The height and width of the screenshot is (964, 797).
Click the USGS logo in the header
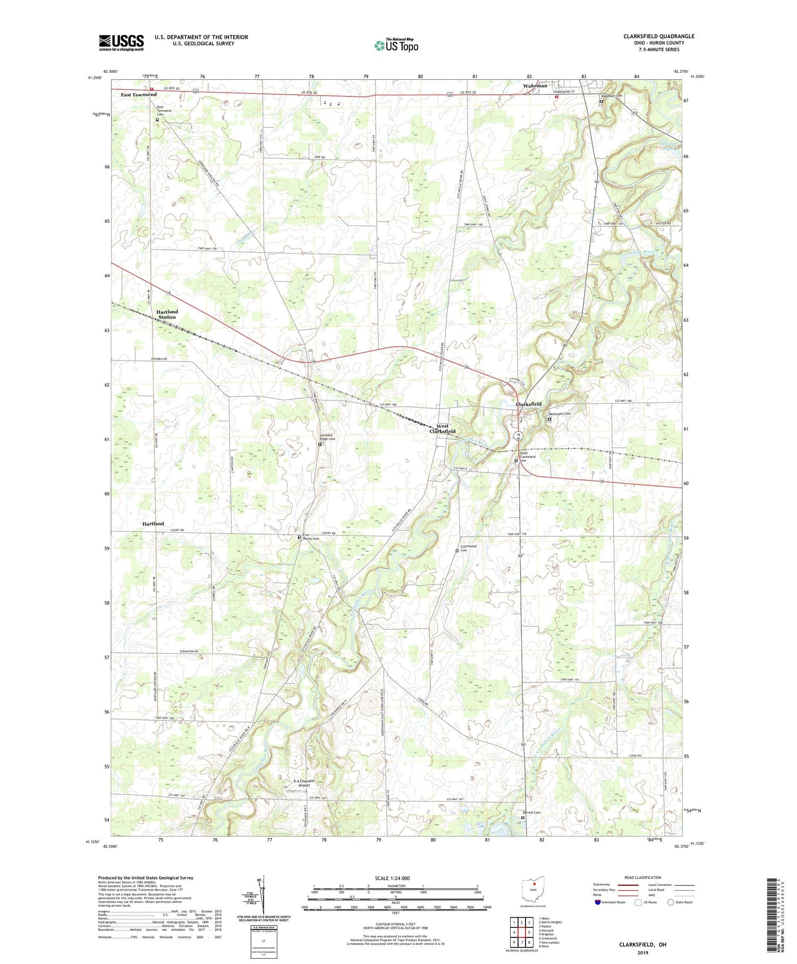[121, 43]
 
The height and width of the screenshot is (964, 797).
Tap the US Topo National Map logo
[395, 45]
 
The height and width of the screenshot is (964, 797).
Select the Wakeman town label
[535, 86]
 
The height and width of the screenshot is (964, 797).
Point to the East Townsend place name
[138, 95]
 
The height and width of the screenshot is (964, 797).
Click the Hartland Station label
[167, 314]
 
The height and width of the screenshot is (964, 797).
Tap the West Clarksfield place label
[442, 429]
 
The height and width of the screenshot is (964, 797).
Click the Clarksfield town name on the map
[529, 404]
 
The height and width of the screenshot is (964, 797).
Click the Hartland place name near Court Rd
[152, 524]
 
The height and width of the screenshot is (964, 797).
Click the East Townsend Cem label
[160, 110]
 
